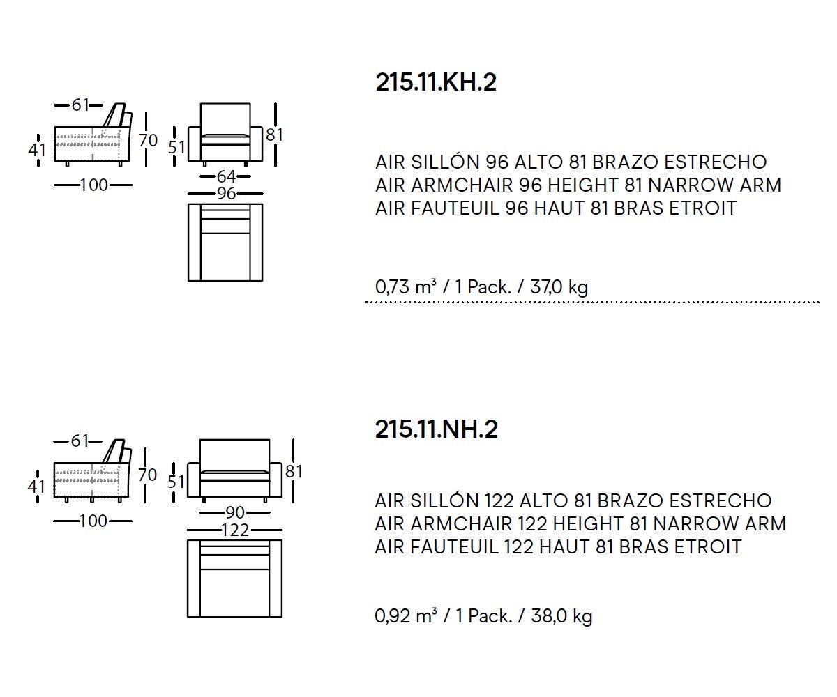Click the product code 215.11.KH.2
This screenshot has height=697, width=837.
pos(436,82)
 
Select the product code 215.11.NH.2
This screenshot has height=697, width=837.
pos(436,429)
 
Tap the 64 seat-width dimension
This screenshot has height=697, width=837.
pos(226,176)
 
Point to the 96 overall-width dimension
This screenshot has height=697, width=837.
pos(226,194)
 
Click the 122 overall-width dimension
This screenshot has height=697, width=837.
pos(235,530)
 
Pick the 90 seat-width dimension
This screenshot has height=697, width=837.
pos(235,512)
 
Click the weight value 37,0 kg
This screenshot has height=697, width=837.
pos(559,287)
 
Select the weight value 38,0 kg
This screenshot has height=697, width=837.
pos(561,616)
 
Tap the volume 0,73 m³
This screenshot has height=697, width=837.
pos(406,286)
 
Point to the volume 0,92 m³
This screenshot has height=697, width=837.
pos(406,615)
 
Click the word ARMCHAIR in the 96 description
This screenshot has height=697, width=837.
pos(462,185)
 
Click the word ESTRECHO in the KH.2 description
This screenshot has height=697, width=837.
pos(715,162)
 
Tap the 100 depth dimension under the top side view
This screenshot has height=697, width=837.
pos(93,185)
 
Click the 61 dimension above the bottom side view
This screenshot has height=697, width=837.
pos(79,441)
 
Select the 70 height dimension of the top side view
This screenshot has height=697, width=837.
pos(148,140)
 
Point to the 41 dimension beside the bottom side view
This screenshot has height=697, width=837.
pos(36,487)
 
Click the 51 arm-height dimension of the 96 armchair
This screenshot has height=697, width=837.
pos(176,147)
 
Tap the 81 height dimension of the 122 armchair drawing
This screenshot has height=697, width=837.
pos(294,471)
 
